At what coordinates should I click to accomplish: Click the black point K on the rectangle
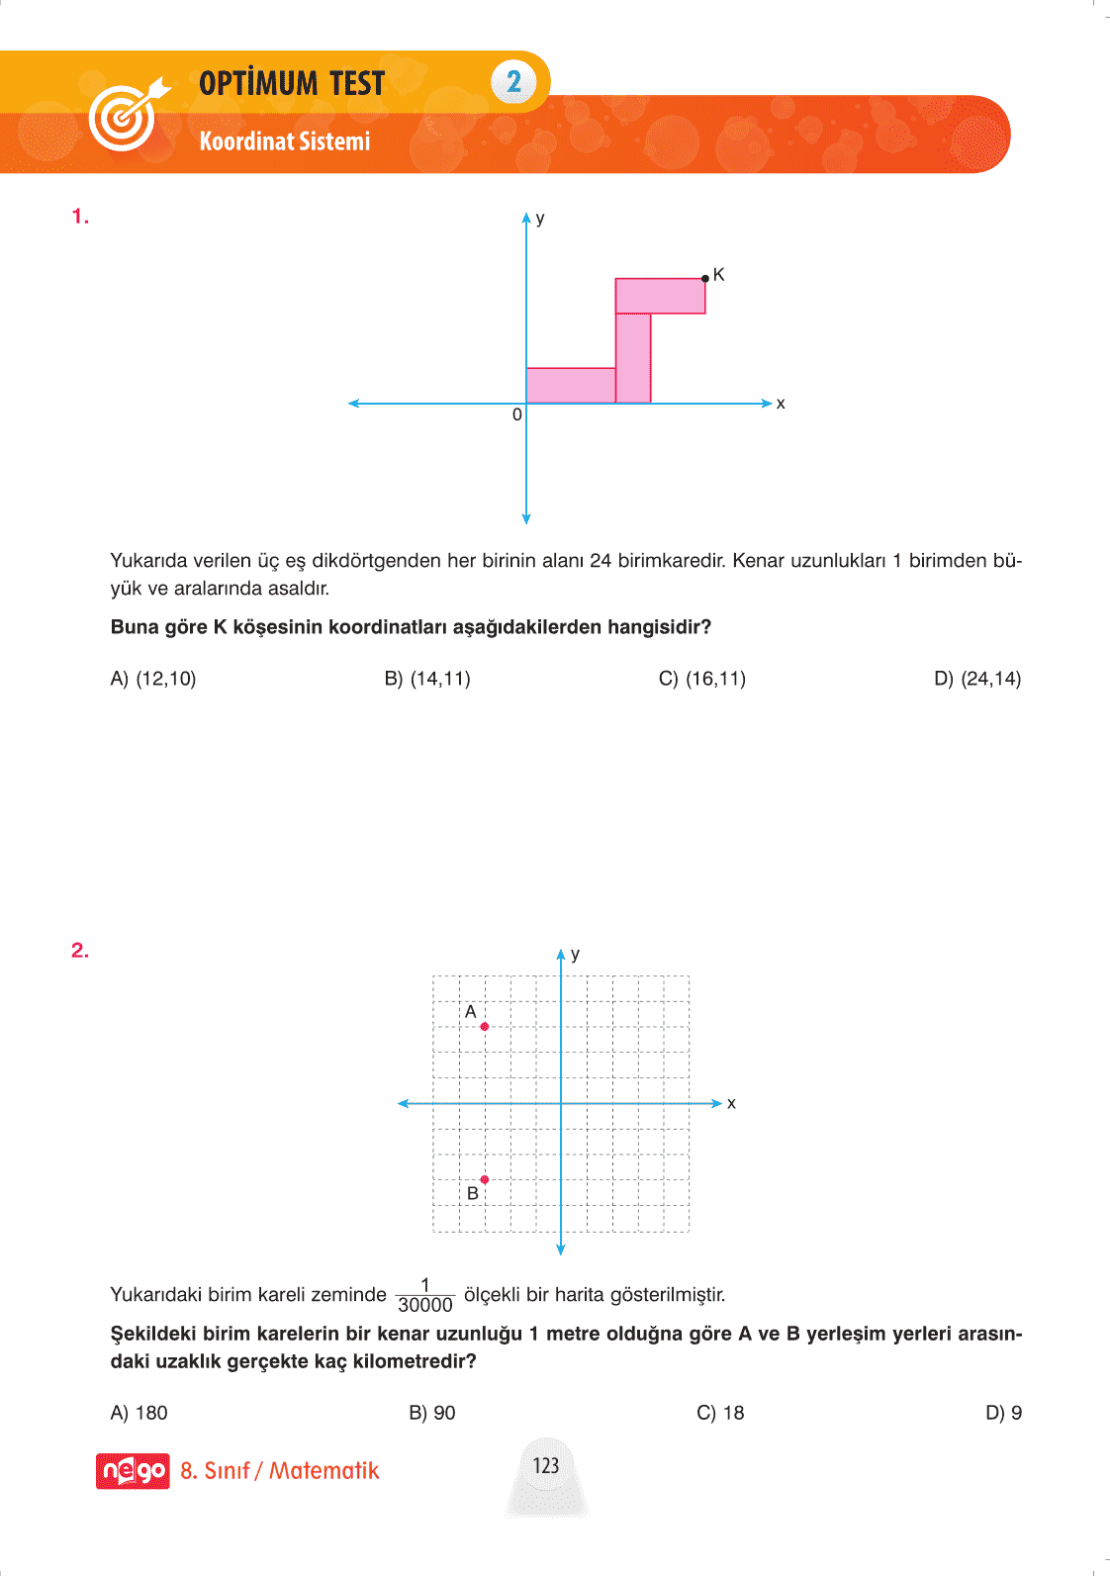click(x=704, y=279)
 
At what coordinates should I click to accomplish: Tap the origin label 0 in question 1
click(x=516, y=416)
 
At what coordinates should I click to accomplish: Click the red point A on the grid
click(x=484, y=1027)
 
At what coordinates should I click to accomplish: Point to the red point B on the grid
click(x=484, y=1179)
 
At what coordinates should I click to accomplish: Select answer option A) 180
click(x=139, y=1413)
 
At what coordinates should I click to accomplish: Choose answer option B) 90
click(x=432, y=1413)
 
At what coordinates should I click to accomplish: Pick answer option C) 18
click(x=720, y=1413)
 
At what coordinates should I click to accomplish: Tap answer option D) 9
click(x=1003, y=1413)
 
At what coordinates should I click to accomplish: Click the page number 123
click(x=546, y=1465)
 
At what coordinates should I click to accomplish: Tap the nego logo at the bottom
click(x=133, y=1471)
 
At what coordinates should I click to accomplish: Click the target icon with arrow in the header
click(x=126, y=114)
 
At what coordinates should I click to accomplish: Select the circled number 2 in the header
click(x=513, y=81)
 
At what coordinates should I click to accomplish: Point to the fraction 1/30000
click(x=425, y=1295)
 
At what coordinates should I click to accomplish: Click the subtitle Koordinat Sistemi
click(x=285, y=141)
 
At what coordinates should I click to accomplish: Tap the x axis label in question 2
click(x=731, y=1103)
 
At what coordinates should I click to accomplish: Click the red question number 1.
click(x=80, y=217)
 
